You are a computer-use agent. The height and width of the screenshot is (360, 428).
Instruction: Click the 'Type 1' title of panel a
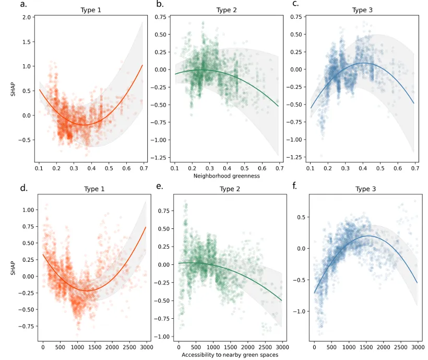point(91,10)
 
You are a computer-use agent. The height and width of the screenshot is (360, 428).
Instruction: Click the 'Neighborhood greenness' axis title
point(227,176)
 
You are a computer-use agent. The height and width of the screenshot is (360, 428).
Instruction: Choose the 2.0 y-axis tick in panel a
point(25,17)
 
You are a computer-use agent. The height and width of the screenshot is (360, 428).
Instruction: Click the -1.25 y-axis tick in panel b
point(158,157)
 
